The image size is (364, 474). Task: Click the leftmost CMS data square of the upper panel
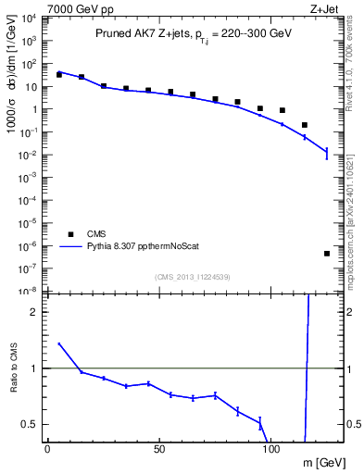[x=58, y=73]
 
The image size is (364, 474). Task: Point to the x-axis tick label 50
[x=159, y=448]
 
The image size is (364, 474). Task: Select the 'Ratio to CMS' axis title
[x=14, y=382]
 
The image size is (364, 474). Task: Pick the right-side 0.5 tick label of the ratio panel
[x=353, y=424]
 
